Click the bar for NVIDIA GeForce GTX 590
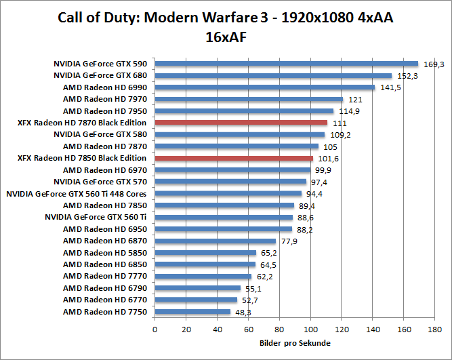point(286,64)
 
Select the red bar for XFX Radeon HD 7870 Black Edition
point(241,123)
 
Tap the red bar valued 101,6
point(234,158)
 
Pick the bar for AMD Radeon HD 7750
point(192,312)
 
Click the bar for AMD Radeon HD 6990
point(265,87)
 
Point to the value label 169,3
point(434,64)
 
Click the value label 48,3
point(243,313)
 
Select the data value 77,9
point(289,241)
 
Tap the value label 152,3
point(407,76)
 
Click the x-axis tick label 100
point(311,329)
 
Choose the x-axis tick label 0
point(155,329)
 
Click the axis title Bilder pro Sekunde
point(295,343)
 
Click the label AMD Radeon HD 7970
point(105,99)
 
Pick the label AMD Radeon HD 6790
point(105,288)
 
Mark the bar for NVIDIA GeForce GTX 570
point(230,182)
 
